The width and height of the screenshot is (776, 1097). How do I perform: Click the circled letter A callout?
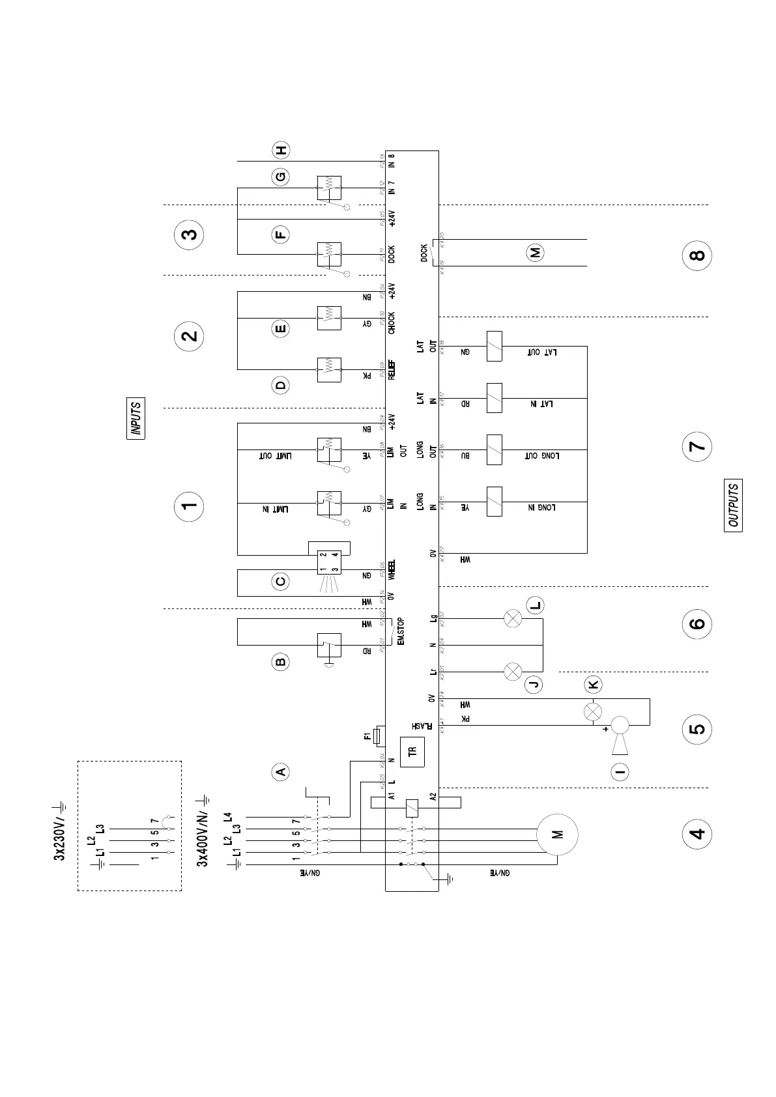(x=280, y=772)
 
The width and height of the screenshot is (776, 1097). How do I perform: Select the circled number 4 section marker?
(x=697, y=834)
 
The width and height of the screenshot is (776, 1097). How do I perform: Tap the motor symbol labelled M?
(x=557, y=834)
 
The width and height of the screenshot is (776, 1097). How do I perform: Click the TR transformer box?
(x=412, y=751)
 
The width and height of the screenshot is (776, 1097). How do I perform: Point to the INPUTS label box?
(x=136, y=418)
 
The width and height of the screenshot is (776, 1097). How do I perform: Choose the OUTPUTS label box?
(x=733, y=505)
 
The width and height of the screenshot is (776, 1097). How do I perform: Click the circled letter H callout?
(x=281, y=150)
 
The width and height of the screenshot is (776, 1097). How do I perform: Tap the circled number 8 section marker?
(x=697, y=255)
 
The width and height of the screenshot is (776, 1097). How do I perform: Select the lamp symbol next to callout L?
(x=513, y=618)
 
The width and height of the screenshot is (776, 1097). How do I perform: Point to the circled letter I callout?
(x=620, y=773)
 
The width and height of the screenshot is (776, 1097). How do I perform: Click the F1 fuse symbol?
(x=377, y=737)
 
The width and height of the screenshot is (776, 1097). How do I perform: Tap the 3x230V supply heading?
(x=59, y=831)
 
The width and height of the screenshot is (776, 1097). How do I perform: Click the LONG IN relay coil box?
(x=494, y=502)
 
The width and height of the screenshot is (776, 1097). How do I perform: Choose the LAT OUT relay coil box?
(x=494, y=346)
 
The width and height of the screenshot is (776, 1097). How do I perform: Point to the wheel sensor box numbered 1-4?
(x=328, y=563)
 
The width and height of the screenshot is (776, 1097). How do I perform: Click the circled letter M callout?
(x=536, y=253)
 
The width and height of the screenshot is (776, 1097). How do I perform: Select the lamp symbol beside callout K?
(x=593, y=711)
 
